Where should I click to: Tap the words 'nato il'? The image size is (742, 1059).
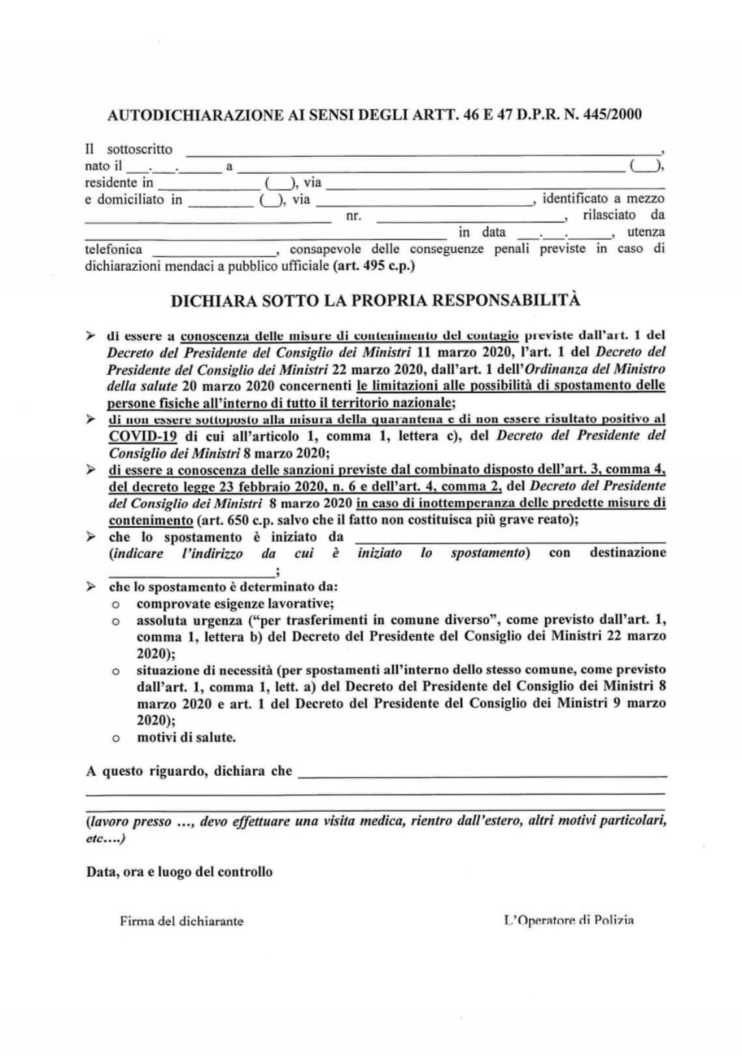(103, 166)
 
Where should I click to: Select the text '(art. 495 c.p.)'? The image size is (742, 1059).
(374, 266)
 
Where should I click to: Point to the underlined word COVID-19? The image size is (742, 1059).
(143, 436)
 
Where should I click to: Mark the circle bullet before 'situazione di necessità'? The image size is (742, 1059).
(116, 670)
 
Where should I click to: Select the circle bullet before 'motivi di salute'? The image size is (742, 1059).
(116, 739)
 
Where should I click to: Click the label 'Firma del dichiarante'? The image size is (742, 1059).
(182, 921)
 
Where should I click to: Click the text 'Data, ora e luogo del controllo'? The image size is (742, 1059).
(180, 872)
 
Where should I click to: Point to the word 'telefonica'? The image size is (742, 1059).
(113, 249)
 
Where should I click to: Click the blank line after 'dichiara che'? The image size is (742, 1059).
(482, 775)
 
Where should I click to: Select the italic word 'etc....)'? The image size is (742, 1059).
(105, 838)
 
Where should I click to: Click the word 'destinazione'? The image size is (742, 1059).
(627, 553)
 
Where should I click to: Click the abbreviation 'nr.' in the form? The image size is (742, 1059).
(353, 216)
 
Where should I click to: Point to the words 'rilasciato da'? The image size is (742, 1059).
(624, 215)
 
